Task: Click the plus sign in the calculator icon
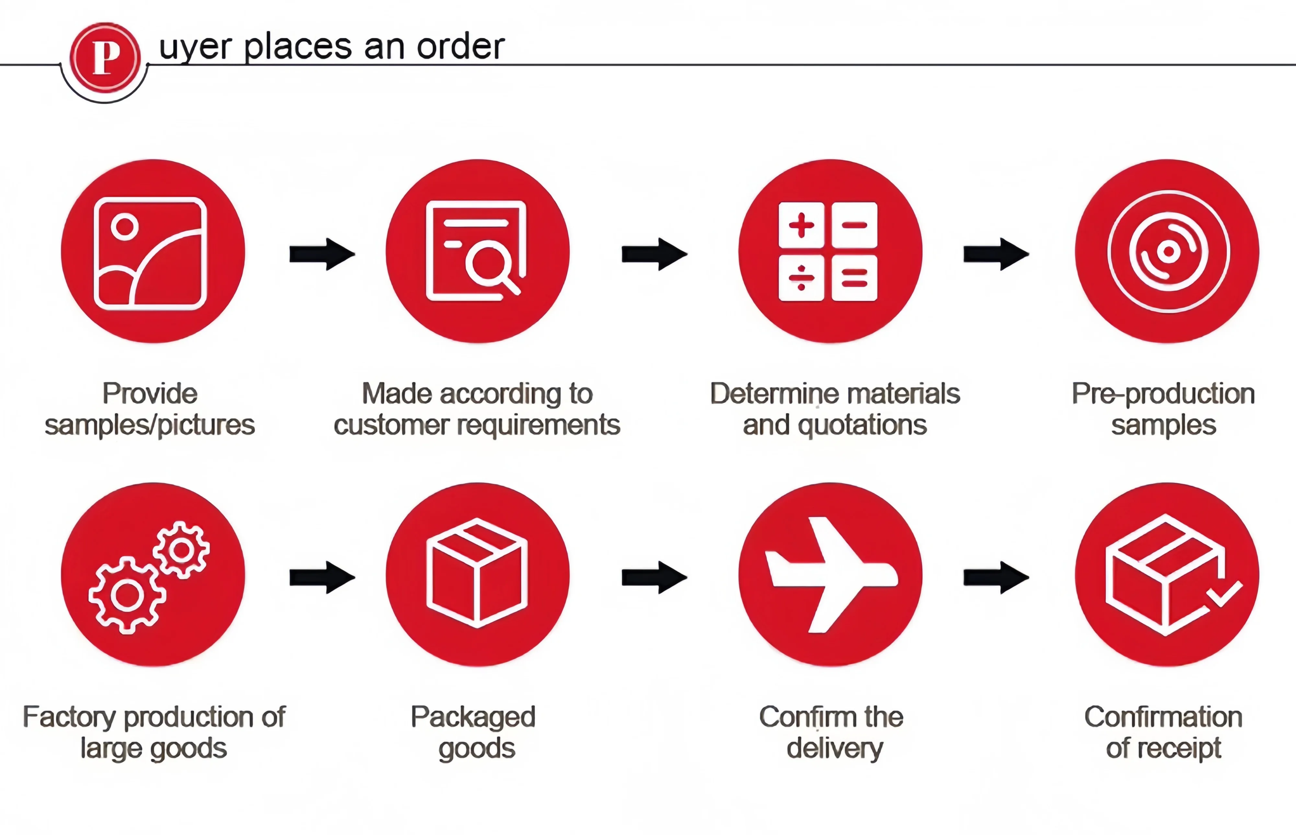tap(801, 225)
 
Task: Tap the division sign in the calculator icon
tap(801, 278)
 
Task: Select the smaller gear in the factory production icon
tap(181, 550)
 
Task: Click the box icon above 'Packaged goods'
tap(477, 573)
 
